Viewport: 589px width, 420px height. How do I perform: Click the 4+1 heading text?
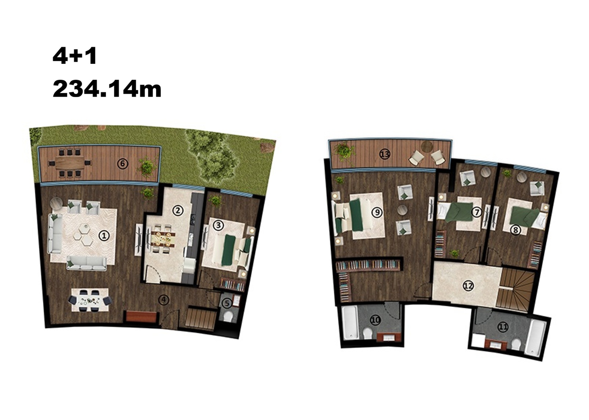click(75, 56)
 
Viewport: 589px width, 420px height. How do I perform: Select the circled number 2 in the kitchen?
click(178, 210)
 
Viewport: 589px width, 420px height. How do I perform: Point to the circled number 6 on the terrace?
click(123, 164)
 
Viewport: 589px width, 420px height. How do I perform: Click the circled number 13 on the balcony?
click(385, 154)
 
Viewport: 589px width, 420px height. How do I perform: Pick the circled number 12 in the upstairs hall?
click(468, 286)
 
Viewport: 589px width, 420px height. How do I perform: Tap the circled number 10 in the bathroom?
click(375, 320)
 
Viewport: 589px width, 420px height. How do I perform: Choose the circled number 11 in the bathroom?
click(503, 327)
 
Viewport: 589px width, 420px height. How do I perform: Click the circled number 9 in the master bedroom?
click(377, 212)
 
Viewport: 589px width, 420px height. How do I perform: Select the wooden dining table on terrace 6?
click(70, 164)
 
